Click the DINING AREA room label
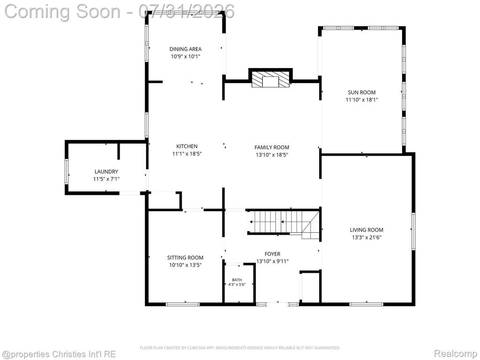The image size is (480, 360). pos(185,49)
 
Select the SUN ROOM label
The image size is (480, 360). pos(362,92)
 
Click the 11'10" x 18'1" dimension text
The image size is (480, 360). pos(362,100)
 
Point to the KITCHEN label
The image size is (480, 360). pos(187,146)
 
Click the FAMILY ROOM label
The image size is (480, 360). pos(272,147)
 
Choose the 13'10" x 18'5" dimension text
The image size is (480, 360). pos(272,155)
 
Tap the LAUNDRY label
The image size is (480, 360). pos(106,172)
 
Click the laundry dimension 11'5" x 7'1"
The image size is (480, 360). pos(106,179)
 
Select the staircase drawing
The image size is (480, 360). pos(284,222)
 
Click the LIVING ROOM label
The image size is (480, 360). pos(366,230)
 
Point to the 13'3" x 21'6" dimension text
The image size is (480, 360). pos(366,237)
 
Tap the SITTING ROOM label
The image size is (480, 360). pos(185,258)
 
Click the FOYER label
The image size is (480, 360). pos(273,254)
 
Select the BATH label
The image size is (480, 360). pos(237,280)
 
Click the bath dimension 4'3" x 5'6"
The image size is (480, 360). pos(237,284)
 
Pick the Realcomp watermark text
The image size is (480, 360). pos(456,354)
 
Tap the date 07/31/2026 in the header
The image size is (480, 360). pos(186,11)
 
